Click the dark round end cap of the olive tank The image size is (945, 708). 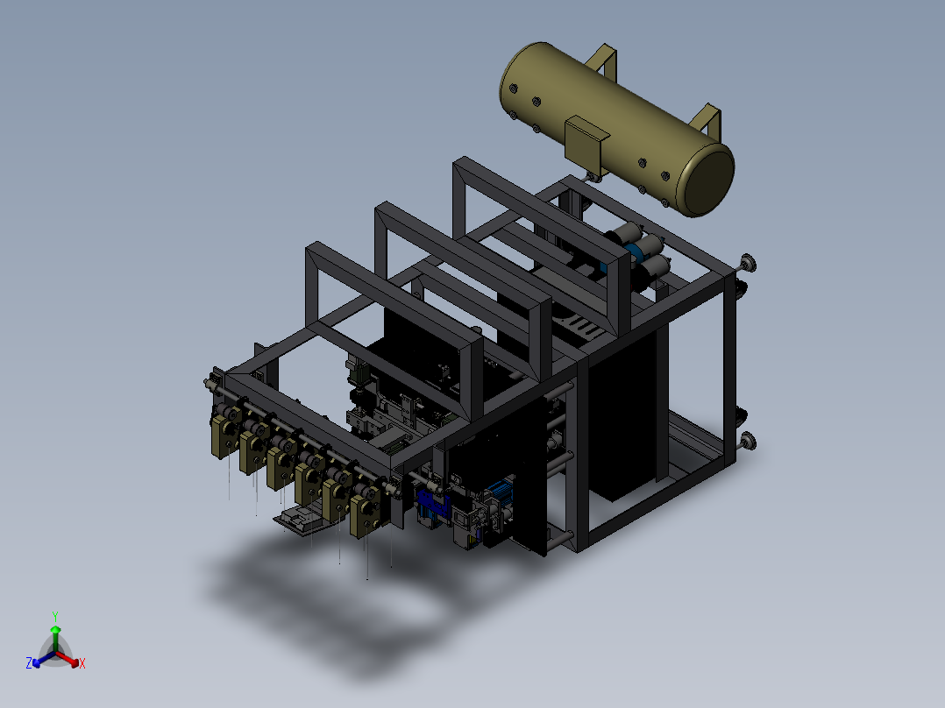click(706, 179)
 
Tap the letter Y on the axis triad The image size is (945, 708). click(55, 616)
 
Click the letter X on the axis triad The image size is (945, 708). click(82, 663)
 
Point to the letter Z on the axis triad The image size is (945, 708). click(28, 663)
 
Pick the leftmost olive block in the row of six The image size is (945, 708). click(224, 432)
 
